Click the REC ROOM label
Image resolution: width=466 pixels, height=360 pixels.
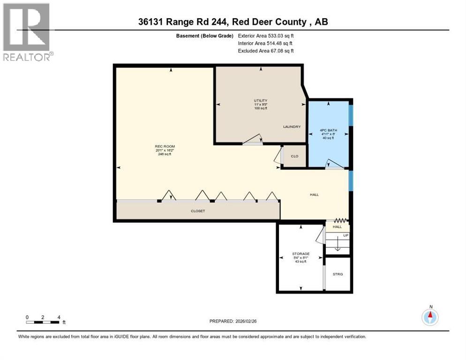click(x=165, y=147)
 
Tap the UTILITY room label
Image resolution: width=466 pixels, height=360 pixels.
click(x=261, y=100)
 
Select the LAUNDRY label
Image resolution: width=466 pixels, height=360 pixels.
click(x=292, y=127)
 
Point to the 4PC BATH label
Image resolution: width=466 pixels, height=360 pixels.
click(x=329, y=130)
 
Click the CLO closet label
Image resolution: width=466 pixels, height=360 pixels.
click(x=295, y=156)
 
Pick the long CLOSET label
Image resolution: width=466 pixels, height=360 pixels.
click(x=197, y=211)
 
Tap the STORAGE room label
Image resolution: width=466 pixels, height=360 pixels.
click(x=301, y=254)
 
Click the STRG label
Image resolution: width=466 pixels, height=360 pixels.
click(x=338, y=274)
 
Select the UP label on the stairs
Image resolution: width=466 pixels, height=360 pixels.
click(x=346, y=235)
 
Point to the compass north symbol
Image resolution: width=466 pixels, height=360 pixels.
click(x=430, y=316)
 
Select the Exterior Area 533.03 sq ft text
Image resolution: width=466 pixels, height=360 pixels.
click(x=266, y=35)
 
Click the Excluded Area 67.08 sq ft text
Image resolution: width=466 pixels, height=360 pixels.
click(x=266, y=51)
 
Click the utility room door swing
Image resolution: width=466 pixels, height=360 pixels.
click(x=253, y=139)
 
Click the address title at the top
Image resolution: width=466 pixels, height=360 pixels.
click(x=233, y=22)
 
